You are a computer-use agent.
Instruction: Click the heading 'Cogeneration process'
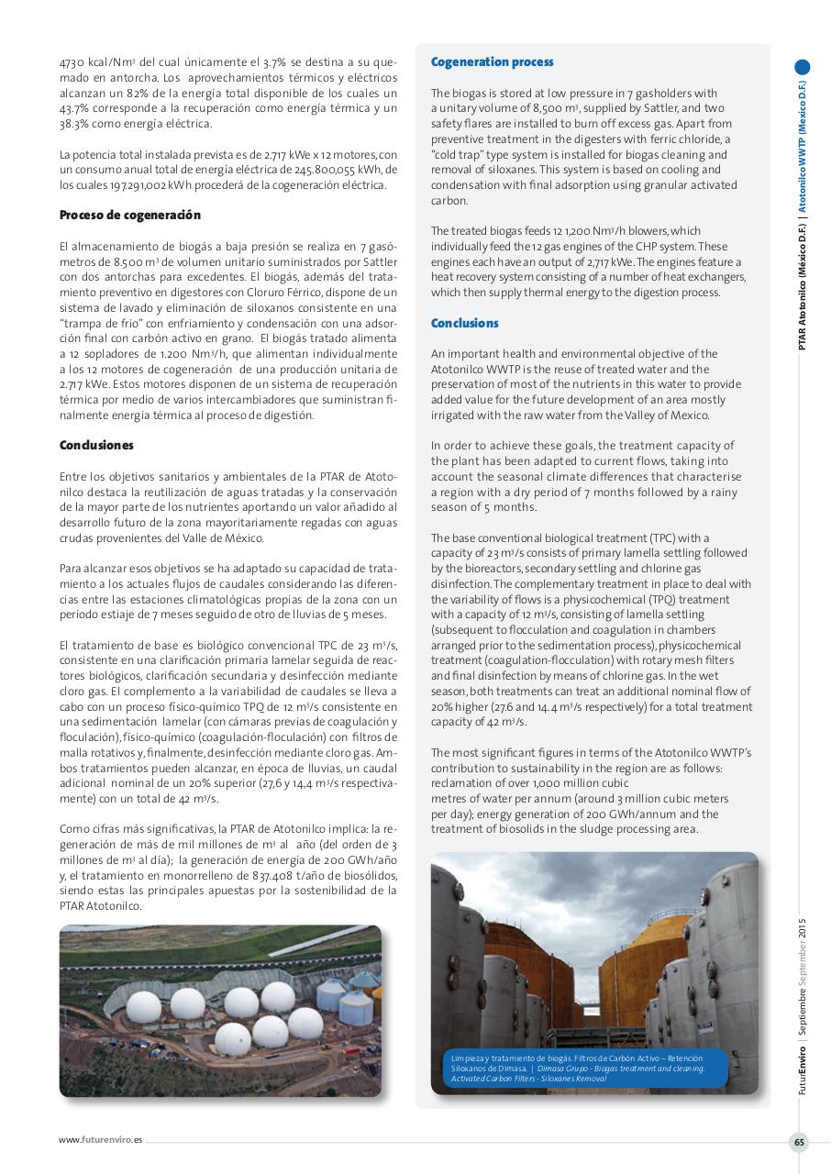[x=492, y=62]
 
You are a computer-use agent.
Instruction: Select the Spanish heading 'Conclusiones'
[x=96, y=445]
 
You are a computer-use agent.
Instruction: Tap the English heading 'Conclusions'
[x=464, y=324]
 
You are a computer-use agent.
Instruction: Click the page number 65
[x=799, y=1142]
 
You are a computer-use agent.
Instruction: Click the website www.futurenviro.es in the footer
[x=101, y=1140]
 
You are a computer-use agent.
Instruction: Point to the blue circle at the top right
[x=803, y=67]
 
